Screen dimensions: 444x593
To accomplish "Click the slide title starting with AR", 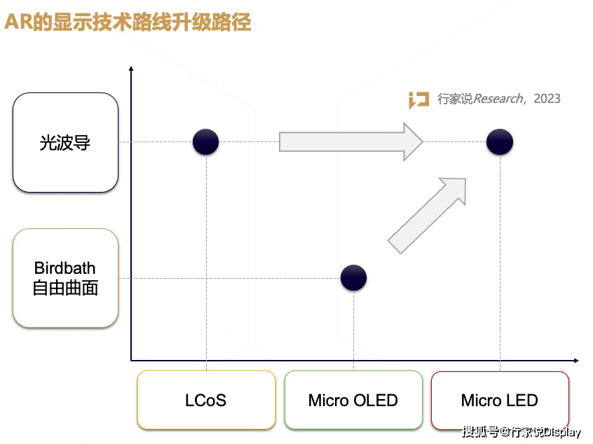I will (x=128, y=23).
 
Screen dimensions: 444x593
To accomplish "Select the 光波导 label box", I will (x=65, y=143).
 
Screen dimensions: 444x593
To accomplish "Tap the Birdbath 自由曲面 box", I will (x=65, y=278).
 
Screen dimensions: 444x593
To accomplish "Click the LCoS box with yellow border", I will (x=206, y=401).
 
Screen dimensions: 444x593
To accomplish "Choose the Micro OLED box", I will (x=353, y=401).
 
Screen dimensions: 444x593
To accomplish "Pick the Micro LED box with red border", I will (x=499, y=401).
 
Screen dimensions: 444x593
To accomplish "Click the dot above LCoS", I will (x=206, y=142).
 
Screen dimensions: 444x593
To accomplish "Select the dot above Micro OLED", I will (x=353, y=278).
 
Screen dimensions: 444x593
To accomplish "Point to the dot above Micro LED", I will (x=500, y=142).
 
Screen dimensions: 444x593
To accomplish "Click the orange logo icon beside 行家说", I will (x=419, y=100).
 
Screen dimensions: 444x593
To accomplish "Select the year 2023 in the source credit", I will (x=547, y=99).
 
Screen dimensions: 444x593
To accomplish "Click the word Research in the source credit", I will (x=498, y=99).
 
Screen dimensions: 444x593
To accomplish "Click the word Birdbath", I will (x=65, y=268).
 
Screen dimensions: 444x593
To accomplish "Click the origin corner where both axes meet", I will (x=131, y=361).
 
